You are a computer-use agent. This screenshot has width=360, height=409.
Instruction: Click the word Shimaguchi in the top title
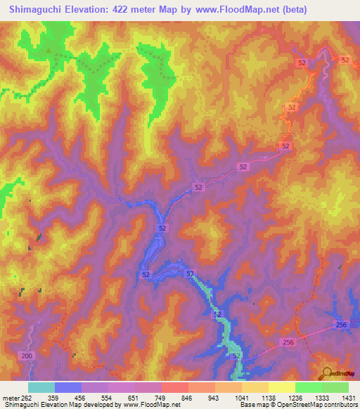(x=32, y=9)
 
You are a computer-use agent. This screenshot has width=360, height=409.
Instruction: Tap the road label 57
(x=190, y=273)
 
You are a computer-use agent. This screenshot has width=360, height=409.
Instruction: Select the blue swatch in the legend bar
(x=68, y=387)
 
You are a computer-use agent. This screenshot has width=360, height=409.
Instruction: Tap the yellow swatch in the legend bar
(x=281, y=387)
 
